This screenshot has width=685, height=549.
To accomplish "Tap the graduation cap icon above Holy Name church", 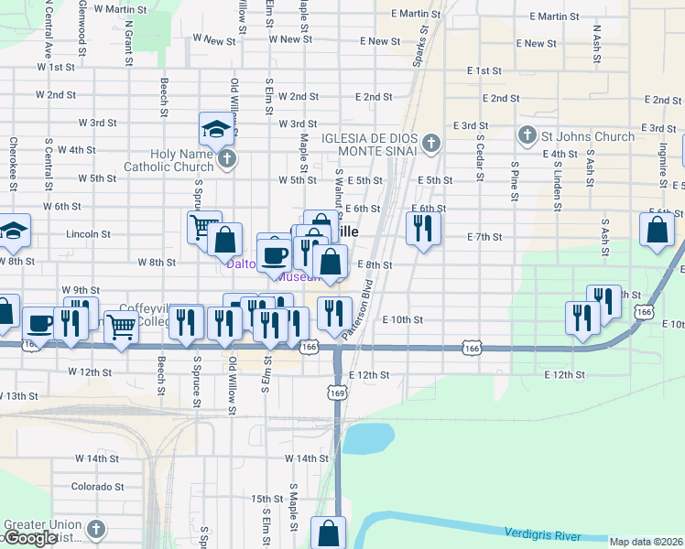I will [216, 129].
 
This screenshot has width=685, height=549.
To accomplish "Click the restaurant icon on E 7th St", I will [422, 228].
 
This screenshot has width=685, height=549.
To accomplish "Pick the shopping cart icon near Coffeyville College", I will [121, 327].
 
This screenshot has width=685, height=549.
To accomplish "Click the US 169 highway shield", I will [338, 392].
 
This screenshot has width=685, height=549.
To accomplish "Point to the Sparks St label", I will [422, 43].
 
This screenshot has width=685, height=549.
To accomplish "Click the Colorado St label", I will [97, 486].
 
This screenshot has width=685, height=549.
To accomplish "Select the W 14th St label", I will [306, 457].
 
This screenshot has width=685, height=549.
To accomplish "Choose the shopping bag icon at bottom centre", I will [328, 533].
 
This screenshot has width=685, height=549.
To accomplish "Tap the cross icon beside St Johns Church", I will [527, 136].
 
